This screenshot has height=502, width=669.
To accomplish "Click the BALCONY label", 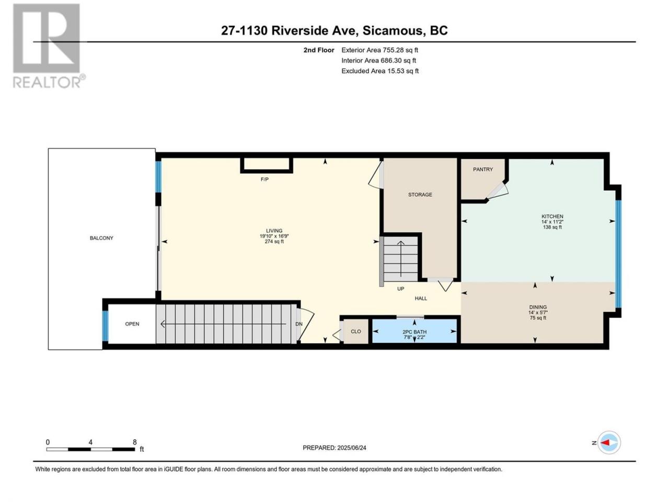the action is pyautogui.click(x=101, y=238).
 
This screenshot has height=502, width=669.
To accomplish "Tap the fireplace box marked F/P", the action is pyautogui.click(x=267, y=165).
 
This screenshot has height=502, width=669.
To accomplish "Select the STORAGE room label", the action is pyautogui.click(x=420, y=195).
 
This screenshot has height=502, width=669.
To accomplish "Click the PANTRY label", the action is pyautogui.click(x=483, y=169).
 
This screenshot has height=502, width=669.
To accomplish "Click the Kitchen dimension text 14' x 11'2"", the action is pyautogui.click(x=552, y=222).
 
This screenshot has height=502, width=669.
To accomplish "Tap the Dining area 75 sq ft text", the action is pyautogui.click(x=538, y=318).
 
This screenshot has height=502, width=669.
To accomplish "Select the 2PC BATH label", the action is pyautogui.click(x=414, y=332).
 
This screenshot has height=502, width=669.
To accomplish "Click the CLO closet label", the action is pyautogui.click(x=356, y=332).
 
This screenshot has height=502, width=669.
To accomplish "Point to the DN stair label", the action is pyautogui.click(x=298, y=324).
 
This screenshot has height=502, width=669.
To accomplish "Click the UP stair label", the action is pyautogui.click(x=400, y=289).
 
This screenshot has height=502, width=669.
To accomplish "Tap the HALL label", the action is pyautogui.click(x=421, y=299).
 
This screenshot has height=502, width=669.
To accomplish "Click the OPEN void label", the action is pyautogui.click(x=132, y=324).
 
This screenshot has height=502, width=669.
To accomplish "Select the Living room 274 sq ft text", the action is pyautogui.click(x=274, y=242).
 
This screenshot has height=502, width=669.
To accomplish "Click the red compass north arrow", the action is pyautogui.click(x=605, y=442).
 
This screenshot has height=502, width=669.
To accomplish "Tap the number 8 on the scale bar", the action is pyautogui.click(x=134, y=442).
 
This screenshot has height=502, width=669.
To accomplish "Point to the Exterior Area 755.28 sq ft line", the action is pyautogui.click(x=380, y=50).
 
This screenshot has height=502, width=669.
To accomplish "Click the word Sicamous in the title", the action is pyautogui.click(x=393, y=30).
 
